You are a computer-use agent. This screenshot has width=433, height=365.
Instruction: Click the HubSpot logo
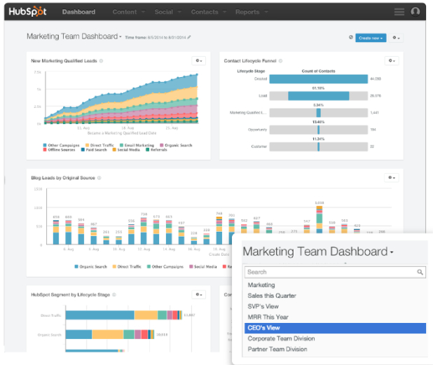[x=28, y=11]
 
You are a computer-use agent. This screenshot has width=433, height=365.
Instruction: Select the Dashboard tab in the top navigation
[x=78, y=12]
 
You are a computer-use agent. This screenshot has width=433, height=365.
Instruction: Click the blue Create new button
[x=371, y=38]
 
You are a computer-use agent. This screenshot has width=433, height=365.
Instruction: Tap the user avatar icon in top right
[x=416, y=12]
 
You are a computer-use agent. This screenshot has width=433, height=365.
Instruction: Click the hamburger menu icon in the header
[x=399, y=12]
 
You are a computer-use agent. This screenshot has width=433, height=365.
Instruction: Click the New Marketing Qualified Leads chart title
[x=64, y=61]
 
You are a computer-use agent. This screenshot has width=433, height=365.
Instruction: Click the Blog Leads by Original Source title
[x=63, y=178]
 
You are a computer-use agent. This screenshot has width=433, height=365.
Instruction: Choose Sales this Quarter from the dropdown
[x=272, y=296]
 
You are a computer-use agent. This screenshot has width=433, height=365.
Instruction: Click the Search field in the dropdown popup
[x=329, y=272]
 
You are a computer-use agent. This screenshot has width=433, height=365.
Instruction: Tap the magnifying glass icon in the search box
[x=420, y=272]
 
